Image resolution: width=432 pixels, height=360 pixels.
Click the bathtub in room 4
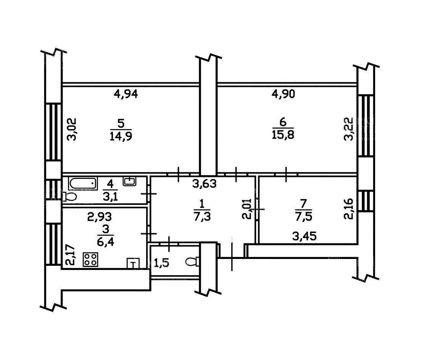pyautogui.click(x=83, y=183)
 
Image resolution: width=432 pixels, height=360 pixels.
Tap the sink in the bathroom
pyautogui.click(x=129, y=181)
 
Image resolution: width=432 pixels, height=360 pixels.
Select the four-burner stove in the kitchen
pyautogui.click(x=90, y=259)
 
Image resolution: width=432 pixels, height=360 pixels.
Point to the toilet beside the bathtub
pyautogui.click(x=69, y=196)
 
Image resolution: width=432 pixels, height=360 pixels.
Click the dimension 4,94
pyautogui.click(x=126, y=95)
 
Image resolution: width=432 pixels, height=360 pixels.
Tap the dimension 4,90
pyautogui.click(x=283, y=94)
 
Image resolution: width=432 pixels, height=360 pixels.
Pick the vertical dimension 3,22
pyautogui.click(x=348, y=129)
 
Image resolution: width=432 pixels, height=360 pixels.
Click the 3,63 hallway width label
pyautogui.click(x=205, y=183)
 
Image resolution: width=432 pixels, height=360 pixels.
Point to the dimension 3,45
pyautogui.click(x=305, y=236)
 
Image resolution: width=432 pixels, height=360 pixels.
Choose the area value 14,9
pyautogui.click(x=121, y=137)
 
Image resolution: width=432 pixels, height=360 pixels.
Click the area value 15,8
pyautogui.click(x=283, y=135)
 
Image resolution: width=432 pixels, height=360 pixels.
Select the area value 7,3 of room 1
pyautogui.click(x=202, y=217)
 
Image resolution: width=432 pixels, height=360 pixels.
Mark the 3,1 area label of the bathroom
pyautogui.click(x=110, y=197)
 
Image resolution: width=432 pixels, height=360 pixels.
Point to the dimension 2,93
pyautogui.click(x=100, y=217)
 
